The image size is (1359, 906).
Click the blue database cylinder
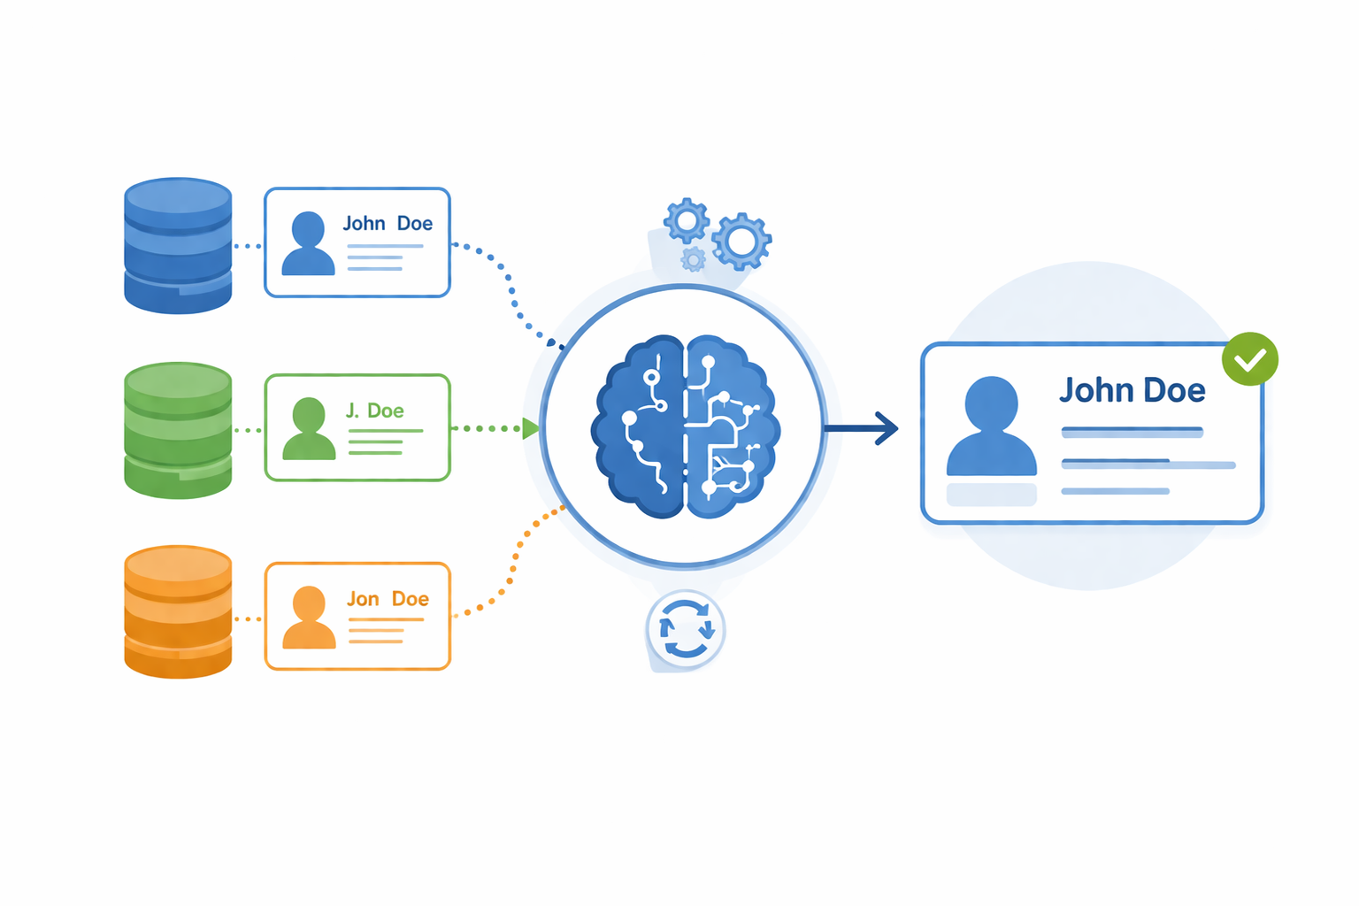pyautogui.click(x=178, y=246)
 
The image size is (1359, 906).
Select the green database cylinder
pyautogui.click(x=178, y=430)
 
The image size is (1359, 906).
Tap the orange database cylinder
pyautogui.click(x=178, y=612)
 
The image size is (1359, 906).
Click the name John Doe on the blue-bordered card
pyautogui.click(x=388, y=224)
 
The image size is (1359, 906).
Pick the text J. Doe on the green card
pyautogui.click(x=374, y=411)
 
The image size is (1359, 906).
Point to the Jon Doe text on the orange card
pyautogui.click(x=388, y=599)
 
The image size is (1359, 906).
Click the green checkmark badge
pyautogui.click(x=1249, y=359)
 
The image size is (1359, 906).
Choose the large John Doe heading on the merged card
pyautogui.click(x=1132, y=390)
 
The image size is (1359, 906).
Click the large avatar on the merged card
pyautogui.click(x=991, y=426)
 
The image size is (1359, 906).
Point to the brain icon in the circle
pyautogui.click(x=686, y=426)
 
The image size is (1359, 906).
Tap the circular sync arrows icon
pyautogui.click(x=686, y=629)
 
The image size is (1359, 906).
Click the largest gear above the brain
pyautogui.click(x=741, y=241)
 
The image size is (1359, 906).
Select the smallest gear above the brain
pyautogui.click(x=694, y=259)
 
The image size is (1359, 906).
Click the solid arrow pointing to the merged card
pyautogui.click(x=863, y=428)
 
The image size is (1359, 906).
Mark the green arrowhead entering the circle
pyautogui.click(x=530, y=428)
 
